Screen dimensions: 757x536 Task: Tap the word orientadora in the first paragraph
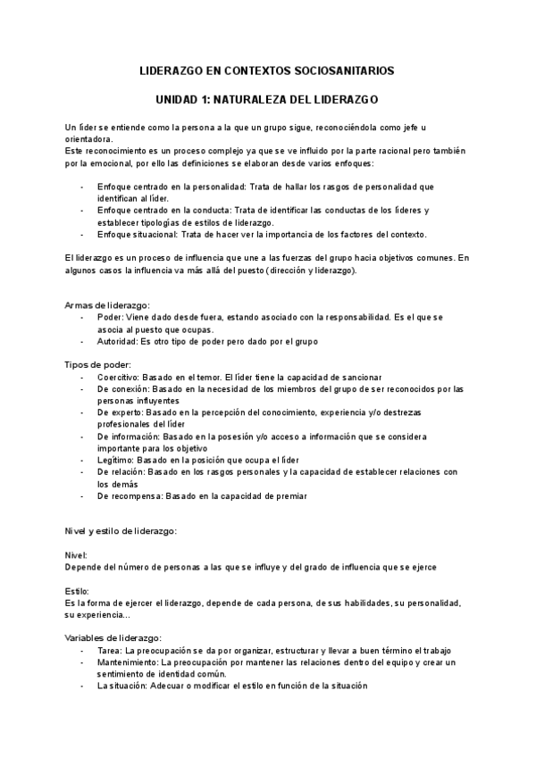(88, 139)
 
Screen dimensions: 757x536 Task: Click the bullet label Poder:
(110, 317)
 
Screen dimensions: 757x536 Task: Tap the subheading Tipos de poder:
(98, 364)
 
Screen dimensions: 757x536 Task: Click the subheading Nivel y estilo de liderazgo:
(121, 531)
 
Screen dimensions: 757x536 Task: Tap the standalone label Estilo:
(77, 591)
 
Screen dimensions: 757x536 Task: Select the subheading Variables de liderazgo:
(113, 638)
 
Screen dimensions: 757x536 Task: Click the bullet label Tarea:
(111, 651)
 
